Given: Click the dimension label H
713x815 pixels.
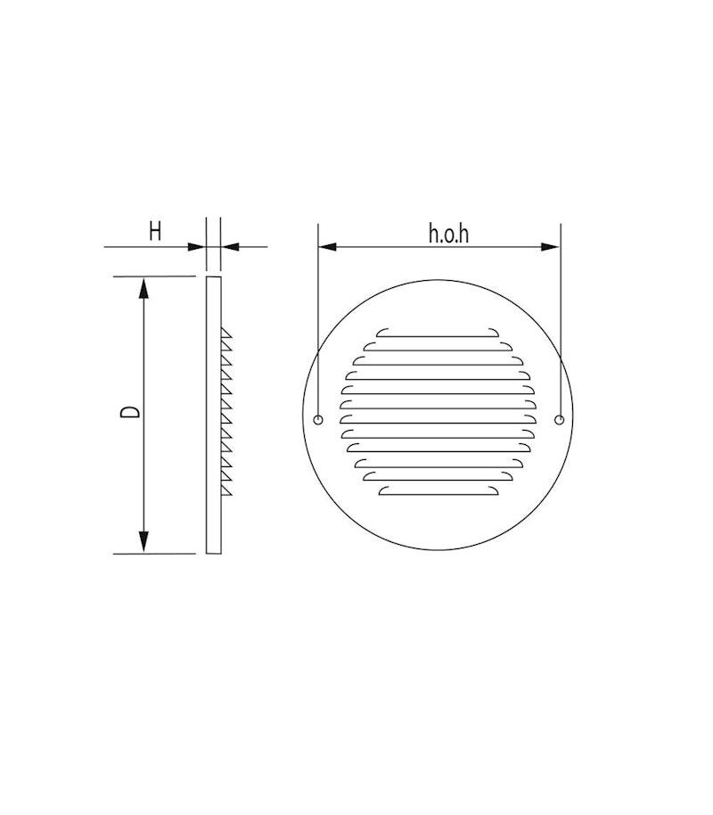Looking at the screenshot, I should [155, 232].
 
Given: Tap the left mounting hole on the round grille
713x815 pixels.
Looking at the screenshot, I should [319, 420].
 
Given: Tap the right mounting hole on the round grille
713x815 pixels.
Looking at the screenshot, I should [559, 420].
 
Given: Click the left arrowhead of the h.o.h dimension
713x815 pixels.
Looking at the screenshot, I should [326, 246].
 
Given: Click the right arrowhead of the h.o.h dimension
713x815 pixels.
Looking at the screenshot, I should [553, 246].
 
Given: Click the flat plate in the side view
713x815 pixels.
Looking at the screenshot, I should [214, 415].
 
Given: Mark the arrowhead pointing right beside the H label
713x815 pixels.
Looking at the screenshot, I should [199, 246].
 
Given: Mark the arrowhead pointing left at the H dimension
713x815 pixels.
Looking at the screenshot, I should [228, 246].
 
